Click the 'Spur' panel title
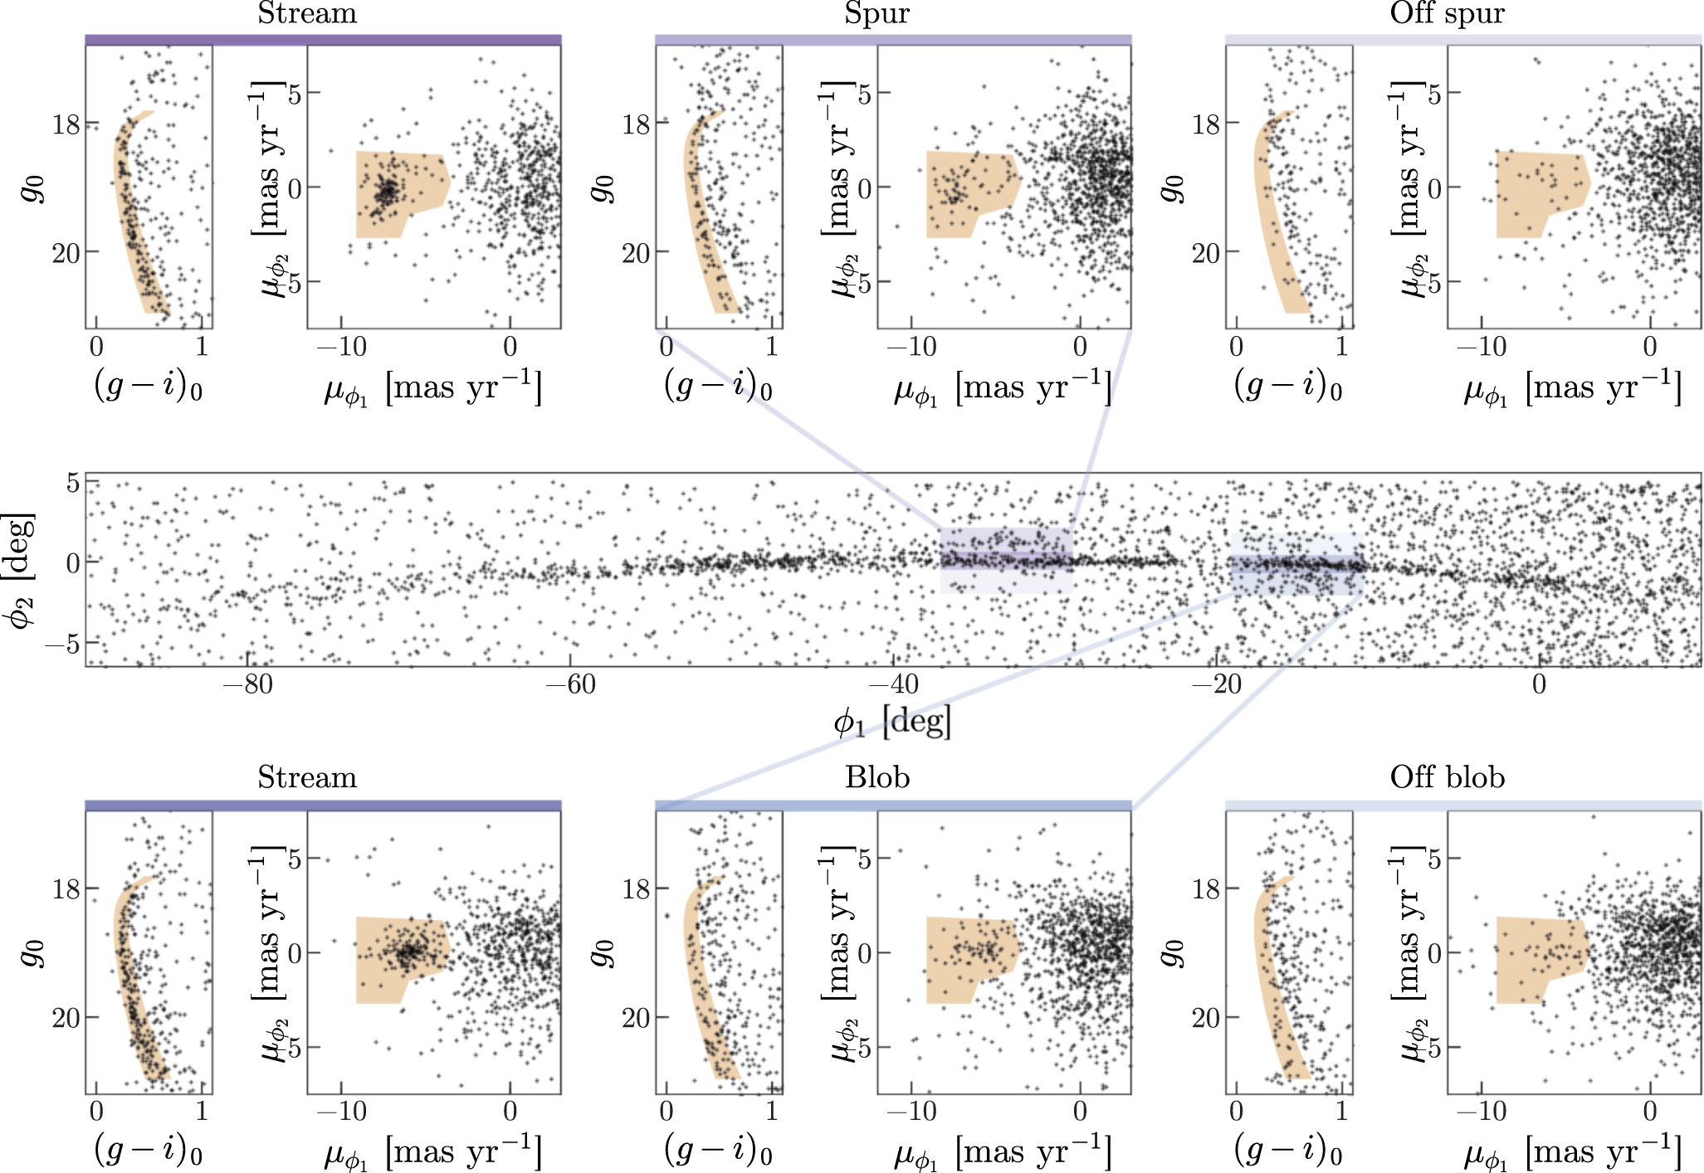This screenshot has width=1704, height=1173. pos(876,13)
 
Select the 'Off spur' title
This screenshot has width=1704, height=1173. pos(1447,13)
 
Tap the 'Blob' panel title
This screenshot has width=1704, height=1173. pos(877,777)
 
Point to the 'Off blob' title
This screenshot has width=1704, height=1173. pos(1447,777)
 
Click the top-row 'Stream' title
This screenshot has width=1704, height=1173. pos(307,13)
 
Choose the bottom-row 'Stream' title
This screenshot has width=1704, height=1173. pos(307,777)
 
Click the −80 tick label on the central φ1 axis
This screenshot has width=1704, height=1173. pos(247,685)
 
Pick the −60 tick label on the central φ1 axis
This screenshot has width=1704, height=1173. pos(570,685)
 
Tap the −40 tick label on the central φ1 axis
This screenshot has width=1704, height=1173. pos(893,685)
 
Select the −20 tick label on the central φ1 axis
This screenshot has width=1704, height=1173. pos(1216,685)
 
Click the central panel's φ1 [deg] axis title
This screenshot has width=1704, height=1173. pos(892,722)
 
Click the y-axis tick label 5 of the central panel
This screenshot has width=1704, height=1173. pos(73,483)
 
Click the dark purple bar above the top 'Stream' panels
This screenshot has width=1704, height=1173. pos(323,40)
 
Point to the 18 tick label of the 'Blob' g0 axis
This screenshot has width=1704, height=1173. pos(636,889)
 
